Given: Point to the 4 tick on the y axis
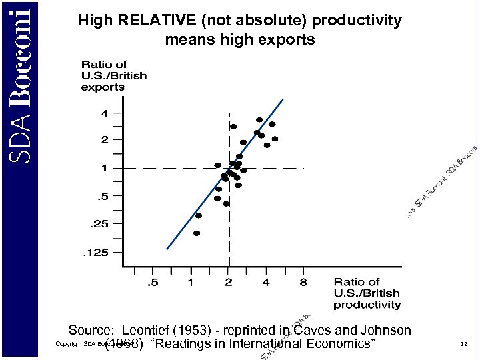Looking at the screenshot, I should pyautogui.click(x=104, y=113).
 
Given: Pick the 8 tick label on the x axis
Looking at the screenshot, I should pyautogui.click(x=303, y=283).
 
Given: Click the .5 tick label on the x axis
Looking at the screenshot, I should pyautogui.click(x=153, y=283).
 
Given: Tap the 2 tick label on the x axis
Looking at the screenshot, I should pyautogui.click(x=229, y=283).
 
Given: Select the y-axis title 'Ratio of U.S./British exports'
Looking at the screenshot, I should pyautogui.click(x=113, y=76).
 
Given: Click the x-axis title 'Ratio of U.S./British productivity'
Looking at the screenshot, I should pyautogui.click(x=367, y=293).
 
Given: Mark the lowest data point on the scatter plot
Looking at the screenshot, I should pyautogui.click(x=197, y=233).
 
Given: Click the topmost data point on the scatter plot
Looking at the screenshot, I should pyautogui.click(x=259, y=120).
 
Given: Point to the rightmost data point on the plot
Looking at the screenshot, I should pyautogui.click(x=275, y=139).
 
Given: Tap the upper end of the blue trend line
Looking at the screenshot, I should pyautogui.click(x=283, y=100).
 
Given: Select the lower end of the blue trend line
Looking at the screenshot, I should pyautogui.click(x=167, y=249).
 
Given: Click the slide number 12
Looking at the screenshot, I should pyautogui.click(x=463, y=345).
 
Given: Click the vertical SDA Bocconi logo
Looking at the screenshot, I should pyautogui.click(x=23, y=80).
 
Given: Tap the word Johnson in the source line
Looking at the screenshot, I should pyautogui.click(x=387, y=331).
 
